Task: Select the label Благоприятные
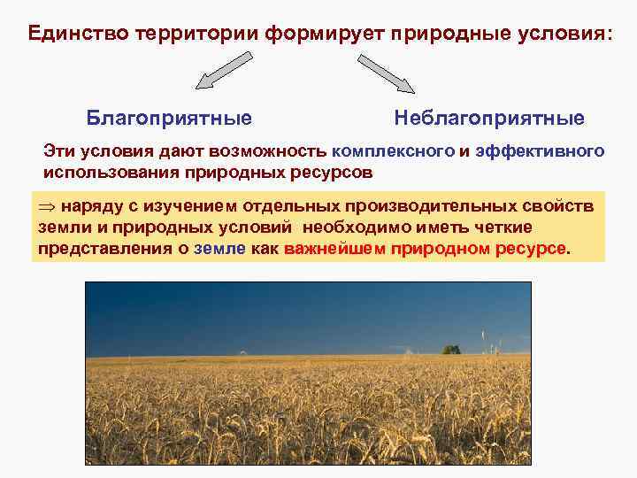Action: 169,118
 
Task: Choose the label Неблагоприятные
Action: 489,118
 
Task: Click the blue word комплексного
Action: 393,151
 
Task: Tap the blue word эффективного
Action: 540,151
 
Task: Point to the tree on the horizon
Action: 451,349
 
